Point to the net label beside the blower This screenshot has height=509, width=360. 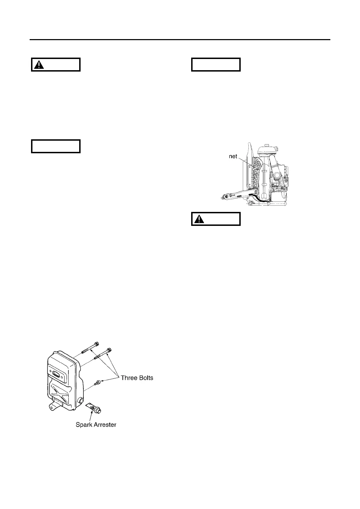click(x=233, y=157)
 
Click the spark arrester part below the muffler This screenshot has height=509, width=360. click(x=95, y=408)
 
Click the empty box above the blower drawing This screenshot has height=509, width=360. click(x=216, y=65)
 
